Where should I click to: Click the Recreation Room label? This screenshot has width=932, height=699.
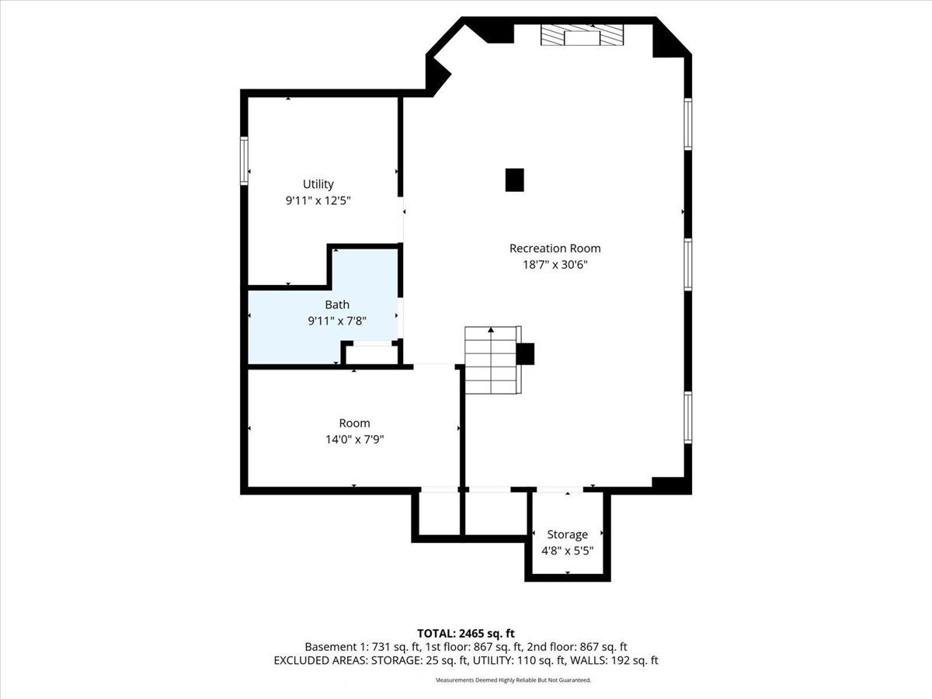[x=555, y=249]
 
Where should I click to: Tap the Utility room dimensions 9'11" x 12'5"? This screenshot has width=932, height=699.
[x=318, y=200]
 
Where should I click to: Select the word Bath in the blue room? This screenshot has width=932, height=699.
[x=337, y=304]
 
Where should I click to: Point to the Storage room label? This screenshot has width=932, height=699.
[x=567, y=534]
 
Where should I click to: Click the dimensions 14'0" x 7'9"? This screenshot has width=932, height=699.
[x=354, y=440]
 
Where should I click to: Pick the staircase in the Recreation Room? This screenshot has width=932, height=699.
[x=493, y=360]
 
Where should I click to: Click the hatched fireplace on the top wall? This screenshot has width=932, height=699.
[x=582, y=35]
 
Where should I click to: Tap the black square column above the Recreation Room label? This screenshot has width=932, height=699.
[x=515, y=180]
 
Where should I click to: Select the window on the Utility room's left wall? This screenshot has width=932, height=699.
[x=244, y=161]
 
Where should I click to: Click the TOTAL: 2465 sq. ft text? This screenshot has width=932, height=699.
[x=466, y=634]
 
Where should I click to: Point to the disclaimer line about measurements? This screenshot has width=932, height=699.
[x=513, y=680]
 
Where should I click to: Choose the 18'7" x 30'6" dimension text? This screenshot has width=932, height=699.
[x=555, y=265]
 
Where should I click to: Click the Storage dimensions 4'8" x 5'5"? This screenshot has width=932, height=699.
[x=567, y=551]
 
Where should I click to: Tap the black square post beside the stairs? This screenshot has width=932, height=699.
[x=525, y=353]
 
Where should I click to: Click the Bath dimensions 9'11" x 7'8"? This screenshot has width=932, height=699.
[x=337, y=321]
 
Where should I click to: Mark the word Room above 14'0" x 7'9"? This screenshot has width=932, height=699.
[x=354, y=423]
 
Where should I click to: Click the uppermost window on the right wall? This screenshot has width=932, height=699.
[x=688, y=124]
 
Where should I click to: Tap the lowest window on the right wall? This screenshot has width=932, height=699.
[x=688, y=418]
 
